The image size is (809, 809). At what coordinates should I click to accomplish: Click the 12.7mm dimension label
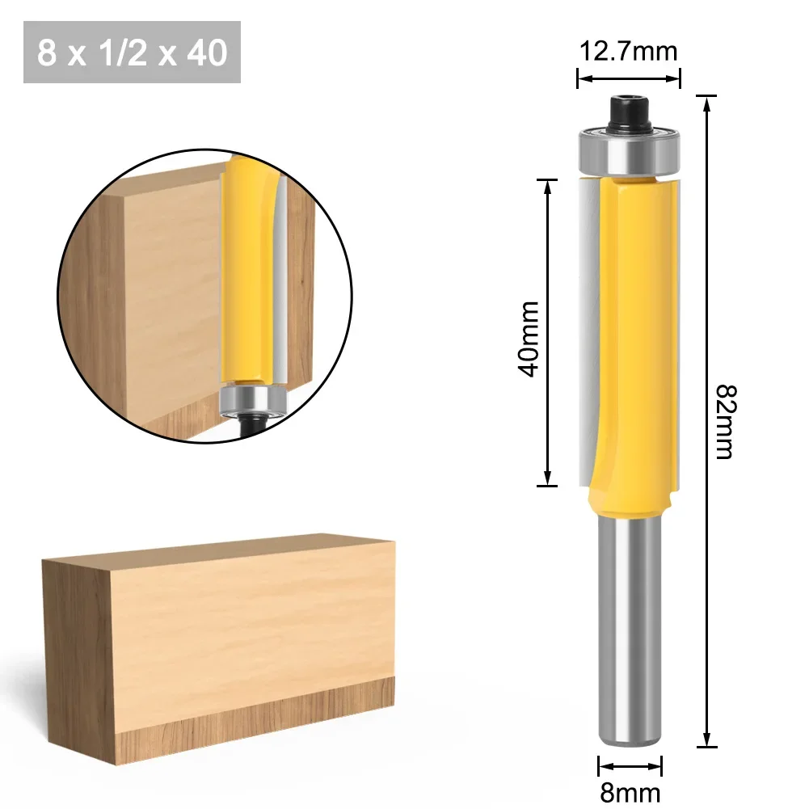point(628,52)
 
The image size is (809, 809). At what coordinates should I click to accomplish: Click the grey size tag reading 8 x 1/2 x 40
point(133,53)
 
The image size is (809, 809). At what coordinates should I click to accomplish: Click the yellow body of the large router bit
point(630,339)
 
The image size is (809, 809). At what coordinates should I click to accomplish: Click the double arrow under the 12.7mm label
point(628,78)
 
